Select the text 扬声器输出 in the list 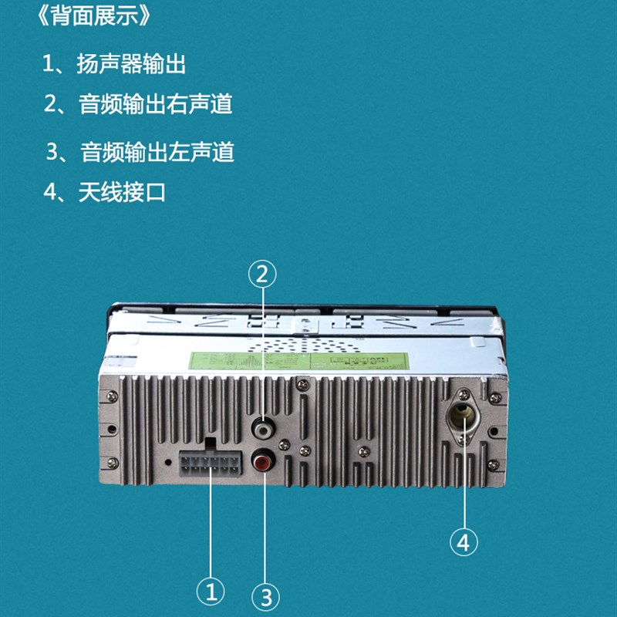[131, 65]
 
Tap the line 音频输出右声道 [155, 105]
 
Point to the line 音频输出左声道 [157, 152]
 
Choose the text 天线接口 [122, 192]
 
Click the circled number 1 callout [211, 592]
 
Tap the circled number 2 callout [262, 273]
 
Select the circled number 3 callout [265, 595]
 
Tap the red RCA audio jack [263, 463]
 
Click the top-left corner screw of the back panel [113, 396]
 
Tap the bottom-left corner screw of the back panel [113, 462]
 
